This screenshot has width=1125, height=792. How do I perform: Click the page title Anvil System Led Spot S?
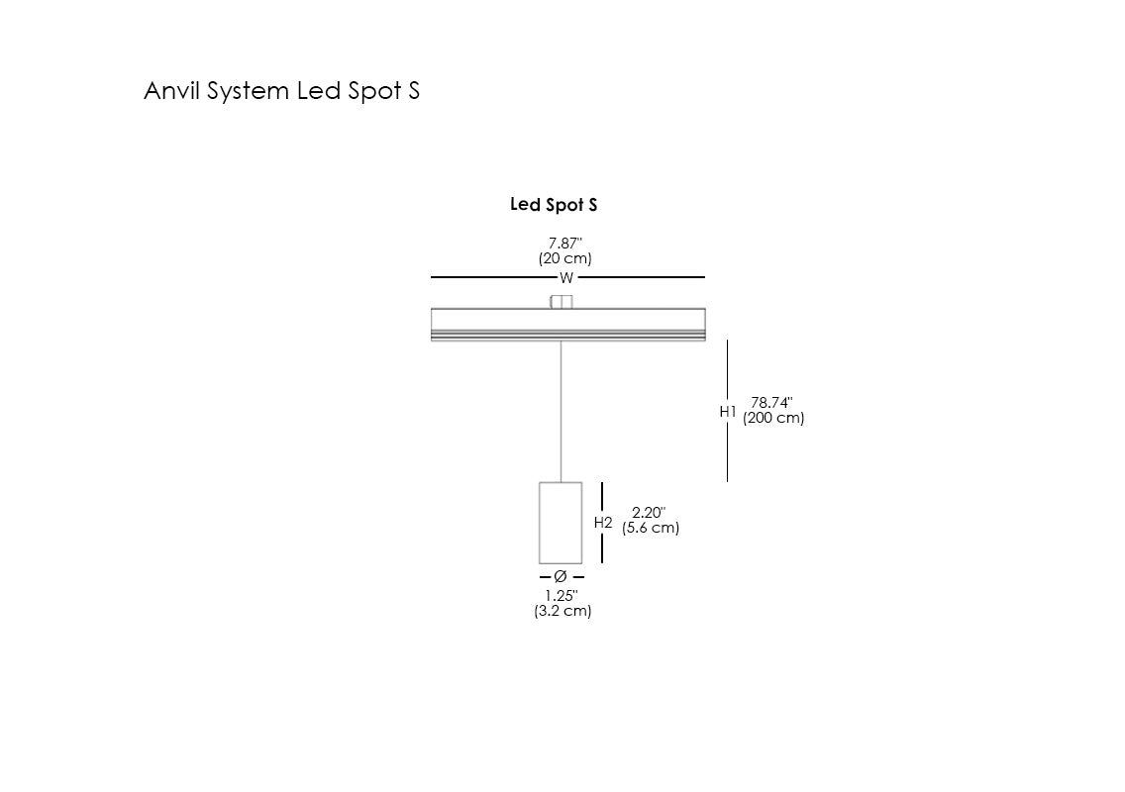281,91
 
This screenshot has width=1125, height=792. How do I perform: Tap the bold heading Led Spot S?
554,205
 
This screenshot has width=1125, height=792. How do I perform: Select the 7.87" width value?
565,244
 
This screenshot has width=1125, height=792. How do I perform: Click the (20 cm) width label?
565,259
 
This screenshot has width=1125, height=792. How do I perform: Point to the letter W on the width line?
566,278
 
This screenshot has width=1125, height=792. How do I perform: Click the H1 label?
728,411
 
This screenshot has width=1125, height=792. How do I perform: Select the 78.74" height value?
771,403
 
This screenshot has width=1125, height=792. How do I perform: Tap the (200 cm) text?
773,418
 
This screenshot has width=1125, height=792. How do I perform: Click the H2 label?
603,522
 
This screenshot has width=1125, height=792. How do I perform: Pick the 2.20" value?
649,513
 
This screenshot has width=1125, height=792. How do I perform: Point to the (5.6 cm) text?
651,528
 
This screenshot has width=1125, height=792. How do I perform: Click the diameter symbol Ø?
561,576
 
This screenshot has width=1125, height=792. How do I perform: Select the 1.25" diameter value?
562,596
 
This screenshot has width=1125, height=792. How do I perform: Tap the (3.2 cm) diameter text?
562,611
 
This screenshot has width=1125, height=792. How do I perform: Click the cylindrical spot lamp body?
561,523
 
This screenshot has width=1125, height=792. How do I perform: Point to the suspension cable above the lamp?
562,411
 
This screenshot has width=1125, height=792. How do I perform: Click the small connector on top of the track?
562,302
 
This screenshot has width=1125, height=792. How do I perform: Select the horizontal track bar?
567,325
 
